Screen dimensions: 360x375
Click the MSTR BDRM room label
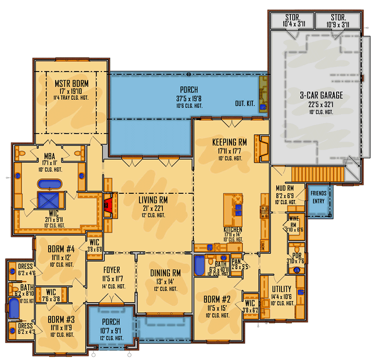71,83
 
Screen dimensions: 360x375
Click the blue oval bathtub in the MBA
50,184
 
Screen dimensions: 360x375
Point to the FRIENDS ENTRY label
319,197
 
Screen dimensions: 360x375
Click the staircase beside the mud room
318,172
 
